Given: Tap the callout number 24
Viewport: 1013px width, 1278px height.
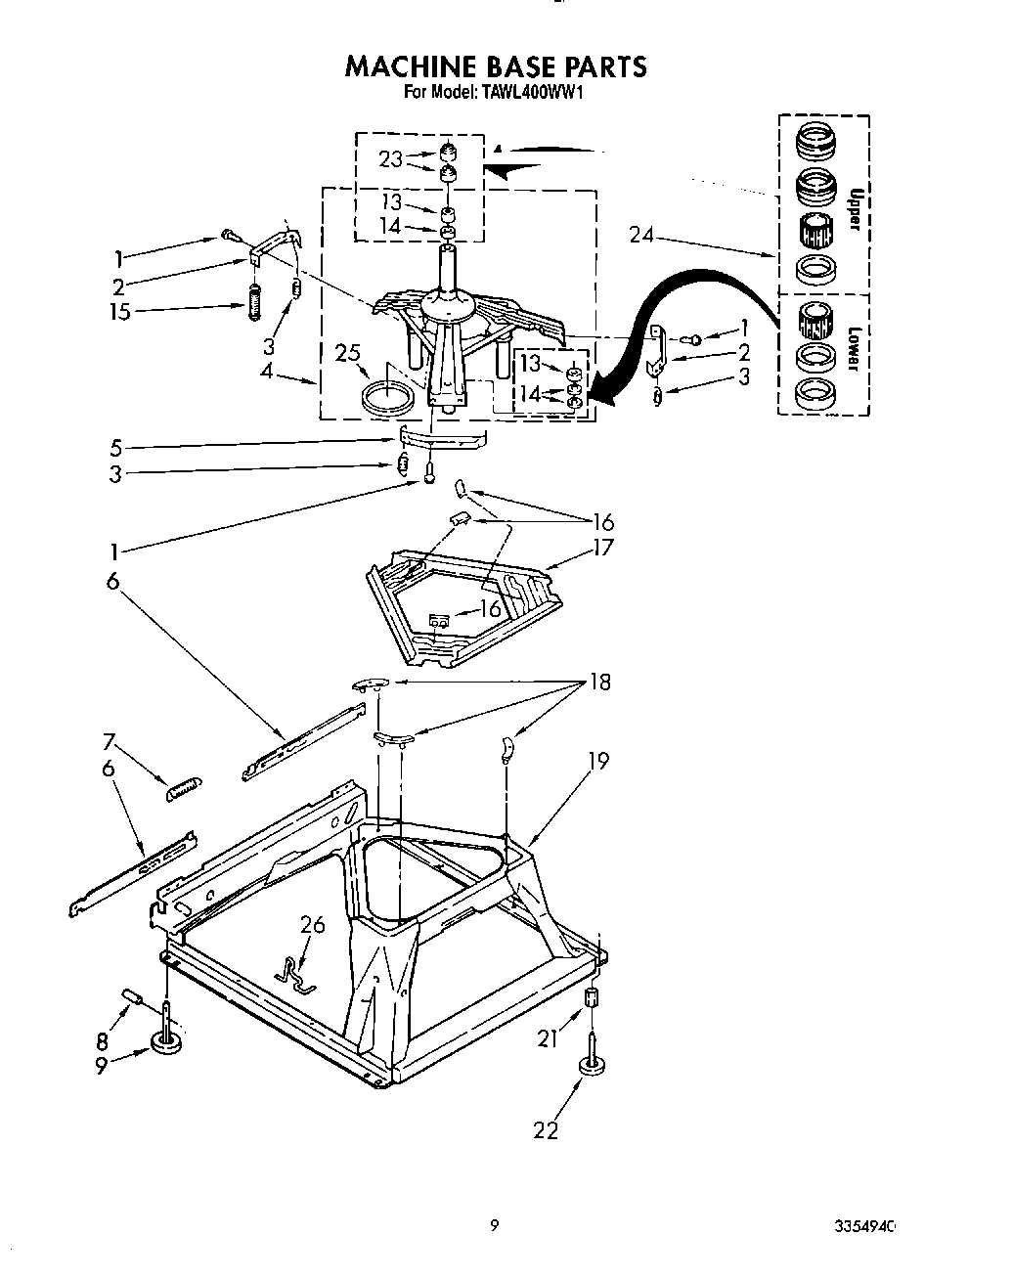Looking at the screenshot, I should coord(642,235).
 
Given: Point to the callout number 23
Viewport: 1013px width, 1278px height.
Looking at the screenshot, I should coord(391,159).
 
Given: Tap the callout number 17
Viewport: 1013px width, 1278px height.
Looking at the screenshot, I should coord(603,547).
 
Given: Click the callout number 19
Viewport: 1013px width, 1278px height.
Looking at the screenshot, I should coord(597,760).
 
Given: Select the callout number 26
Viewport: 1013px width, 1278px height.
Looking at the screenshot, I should coord(312,925).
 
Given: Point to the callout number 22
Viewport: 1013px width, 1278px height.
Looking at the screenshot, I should coord(546,1130).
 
